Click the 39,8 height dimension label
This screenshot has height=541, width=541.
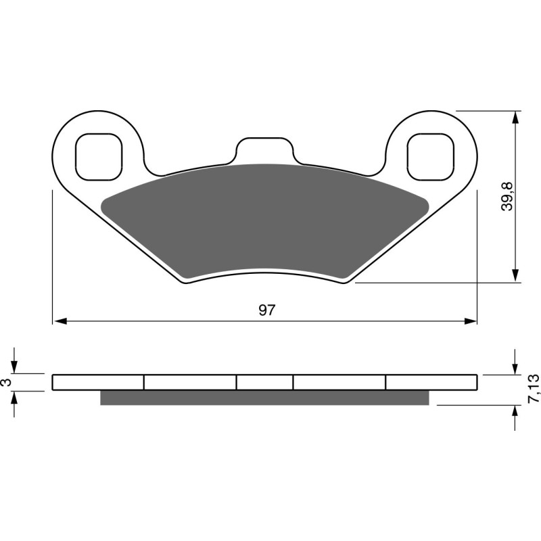click(x=507, y=196)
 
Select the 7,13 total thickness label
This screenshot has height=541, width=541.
click(x=533, y=390)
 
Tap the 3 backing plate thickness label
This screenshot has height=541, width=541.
click(x=6, y=382)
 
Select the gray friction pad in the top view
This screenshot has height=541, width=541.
click(x=264, y=216)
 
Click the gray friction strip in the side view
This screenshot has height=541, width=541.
click(x=264, y=398)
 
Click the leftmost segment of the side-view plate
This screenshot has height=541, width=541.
click(x=98, y=382)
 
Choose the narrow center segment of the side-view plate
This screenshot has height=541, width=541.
click(x=264, y=382)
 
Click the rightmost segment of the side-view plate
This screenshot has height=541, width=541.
click(x=431, y=382)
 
